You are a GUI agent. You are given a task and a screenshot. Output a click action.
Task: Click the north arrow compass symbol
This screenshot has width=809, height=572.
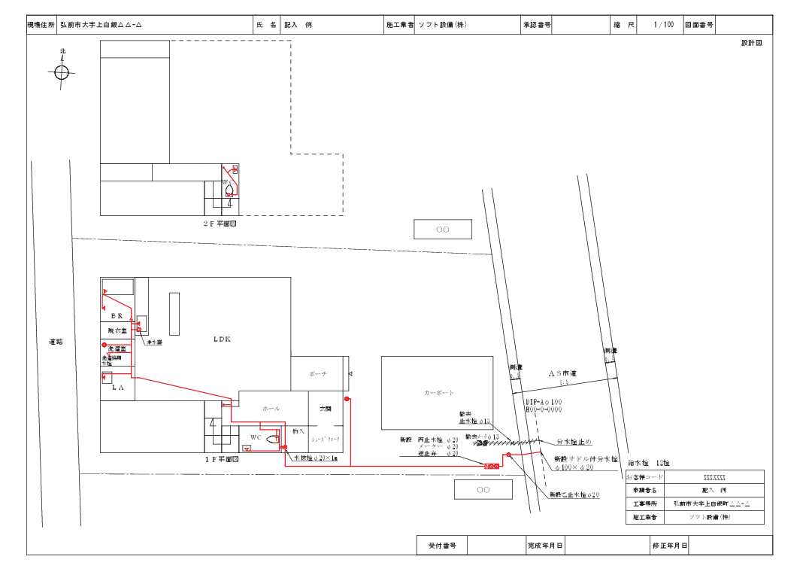(x=62, y=72)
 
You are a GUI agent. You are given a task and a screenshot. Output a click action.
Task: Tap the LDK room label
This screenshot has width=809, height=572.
(x=221, y=339)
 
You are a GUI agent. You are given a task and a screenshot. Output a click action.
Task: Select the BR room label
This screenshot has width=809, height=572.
(x=117, y=315)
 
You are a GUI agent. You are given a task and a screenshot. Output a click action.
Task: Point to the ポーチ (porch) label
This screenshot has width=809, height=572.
(x=318, y=374)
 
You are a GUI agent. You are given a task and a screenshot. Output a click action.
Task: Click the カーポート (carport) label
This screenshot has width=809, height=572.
(x=439, y=393)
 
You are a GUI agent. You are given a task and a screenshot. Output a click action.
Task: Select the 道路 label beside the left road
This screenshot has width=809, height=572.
(x=56, y=342)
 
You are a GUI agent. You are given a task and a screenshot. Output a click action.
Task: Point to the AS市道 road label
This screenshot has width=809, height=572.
(x=562, y=373)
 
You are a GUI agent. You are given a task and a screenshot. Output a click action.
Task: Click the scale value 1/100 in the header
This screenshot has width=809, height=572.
(x=663, y=25)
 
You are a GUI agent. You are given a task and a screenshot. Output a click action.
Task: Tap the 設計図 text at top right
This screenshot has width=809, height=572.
(x=751, y=43)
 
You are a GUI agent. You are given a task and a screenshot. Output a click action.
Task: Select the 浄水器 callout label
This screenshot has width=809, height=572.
(x=155, y=342)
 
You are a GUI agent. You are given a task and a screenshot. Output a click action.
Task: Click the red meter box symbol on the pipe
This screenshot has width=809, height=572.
(x=491, y=467)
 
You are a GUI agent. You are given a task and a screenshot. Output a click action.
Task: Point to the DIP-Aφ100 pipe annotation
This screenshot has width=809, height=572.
(x=544, y=402)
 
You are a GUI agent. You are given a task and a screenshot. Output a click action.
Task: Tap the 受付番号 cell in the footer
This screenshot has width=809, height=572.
(x=442, y=545)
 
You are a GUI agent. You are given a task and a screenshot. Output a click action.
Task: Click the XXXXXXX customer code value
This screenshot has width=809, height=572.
(x=714, y=477)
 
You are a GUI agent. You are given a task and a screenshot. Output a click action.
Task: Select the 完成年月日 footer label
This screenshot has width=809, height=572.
(x=545, y=545)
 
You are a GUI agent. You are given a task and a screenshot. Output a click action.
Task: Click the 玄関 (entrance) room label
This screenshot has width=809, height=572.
(x=326, y=409)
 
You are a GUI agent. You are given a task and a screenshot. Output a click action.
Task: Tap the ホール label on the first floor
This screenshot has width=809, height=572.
(x=271, y=409)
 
